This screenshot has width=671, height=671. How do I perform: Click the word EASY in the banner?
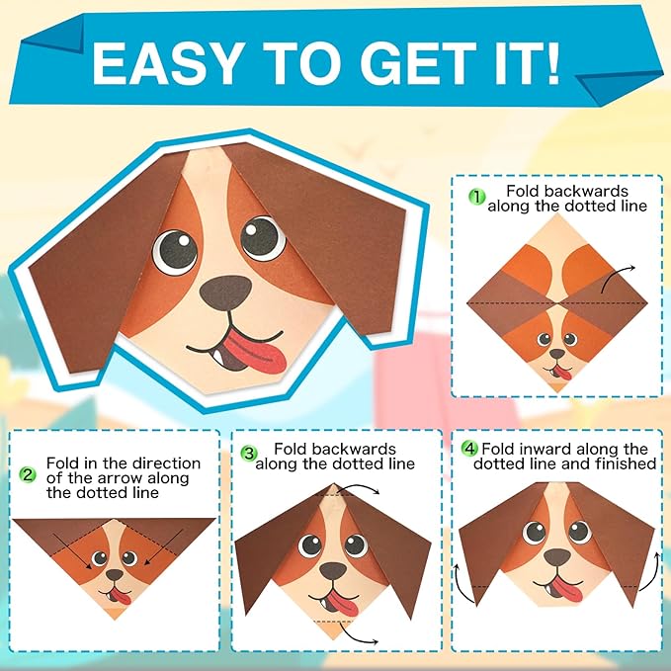(x=166, y=64)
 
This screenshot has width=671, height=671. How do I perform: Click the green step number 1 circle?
(x=476, y=197)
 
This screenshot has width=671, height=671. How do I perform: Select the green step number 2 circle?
(x=28, y=474)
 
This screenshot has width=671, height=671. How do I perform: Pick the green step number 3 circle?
(x=249, y=454)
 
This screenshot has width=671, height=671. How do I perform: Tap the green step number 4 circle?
(x=469, y=449)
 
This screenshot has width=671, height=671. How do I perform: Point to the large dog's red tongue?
(x=257, y=352)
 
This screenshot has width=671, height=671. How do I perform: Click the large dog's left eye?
(x=175, y=252)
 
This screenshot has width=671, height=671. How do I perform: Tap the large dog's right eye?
(x=263, y=238)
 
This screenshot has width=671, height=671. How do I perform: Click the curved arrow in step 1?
(x=616, y=277)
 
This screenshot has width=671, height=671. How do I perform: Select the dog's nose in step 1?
(x=557, y=354)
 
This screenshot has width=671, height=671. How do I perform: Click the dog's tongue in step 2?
(x=121, y=597)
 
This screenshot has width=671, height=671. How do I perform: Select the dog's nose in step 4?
(x=557, y=556)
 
